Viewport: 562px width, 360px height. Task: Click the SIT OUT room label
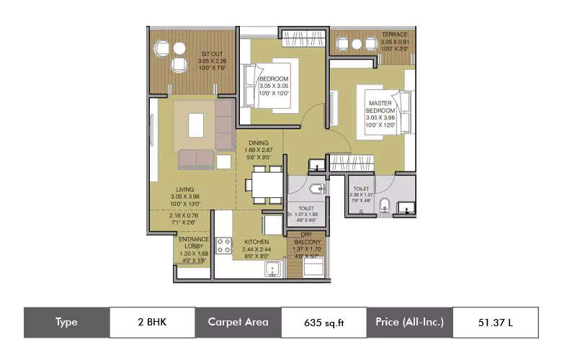[x=211, y=54]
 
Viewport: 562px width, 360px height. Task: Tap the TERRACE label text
[x=394, y=35]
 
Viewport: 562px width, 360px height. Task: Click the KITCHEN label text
[x=257, y=242]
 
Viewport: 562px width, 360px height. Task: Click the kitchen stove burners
[x=223, y=245]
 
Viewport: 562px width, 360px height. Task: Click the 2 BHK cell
[x=152, y=322]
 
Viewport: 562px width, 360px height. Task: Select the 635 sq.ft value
[x=324, y=322]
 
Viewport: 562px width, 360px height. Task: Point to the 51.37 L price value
[x=495, y=322]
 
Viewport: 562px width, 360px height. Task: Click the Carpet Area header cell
[x=238, y=322]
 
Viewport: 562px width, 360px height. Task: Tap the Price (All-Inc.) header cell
[x=409, y=322]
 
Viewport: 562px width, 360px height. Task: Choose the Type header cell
[x=66, y=322]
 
